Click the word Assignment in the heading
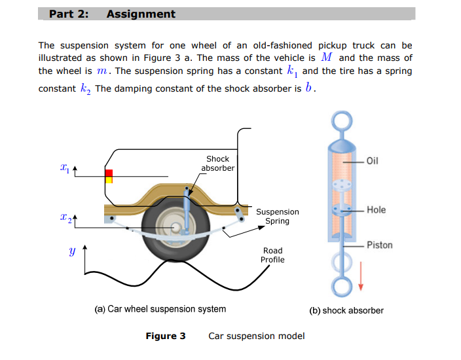coord(141,14)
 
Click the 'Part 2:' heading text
coord(69,14)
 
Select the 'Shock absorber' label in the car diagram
coord(217,164)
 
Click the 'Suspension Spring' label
coord(277,217)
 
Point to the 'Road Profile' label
coord(272,255)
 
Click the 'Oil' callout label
coord(373,161)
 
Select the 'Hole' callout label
coord(376,210)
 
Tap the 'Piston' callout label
coord(379,245)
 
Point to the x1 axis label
coord(64,168)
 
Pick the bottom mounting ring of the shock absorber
coord(341,285)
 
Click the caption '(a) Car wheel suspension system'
coord(160,309)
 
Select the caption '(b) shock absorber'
coord(346,310)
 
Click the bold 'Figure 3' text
coord(165,336)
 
